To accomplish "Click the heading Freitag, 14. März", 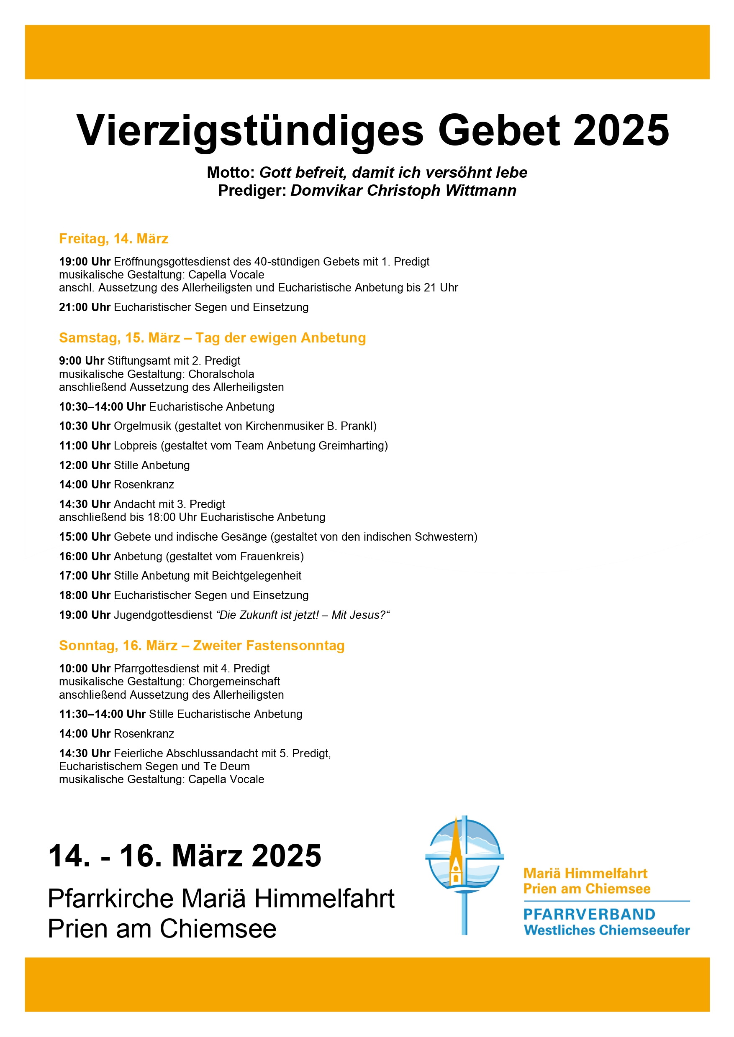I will coord(113,238).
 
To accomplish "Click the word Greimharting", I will coord(352,446).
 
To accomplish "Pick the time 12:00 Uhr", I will coord(85,465).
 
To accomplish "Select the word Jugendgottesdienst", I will coord(163,615).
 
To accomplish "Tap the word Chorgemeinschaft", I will coord(234,682).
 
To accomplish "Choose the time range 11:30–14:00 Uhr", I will coord(102,714).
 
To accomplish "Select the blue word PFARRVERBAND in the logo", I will coord(589,914).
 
